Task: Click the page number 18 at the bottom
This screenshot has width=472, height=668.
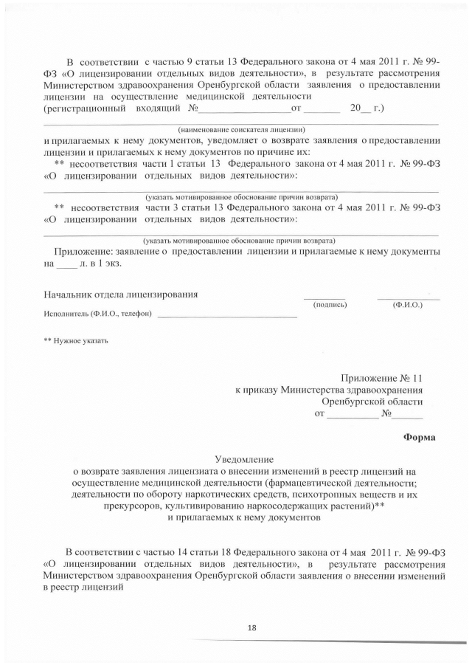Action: [252, 627]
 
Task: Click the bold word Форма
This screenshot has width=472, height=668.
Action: [419, 436]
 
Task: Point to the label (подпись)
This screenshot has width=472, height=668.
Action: [330, 304]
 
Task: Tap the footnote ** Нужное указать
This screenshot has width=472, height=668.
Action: [76, 340]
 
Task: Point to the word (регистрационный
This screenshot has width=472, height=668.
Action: [84, 109]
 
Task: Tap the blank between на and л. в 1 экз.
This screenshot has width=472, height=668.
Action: [66, 264]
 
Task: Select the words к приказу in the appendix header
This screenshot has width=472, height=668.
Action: [257, 388]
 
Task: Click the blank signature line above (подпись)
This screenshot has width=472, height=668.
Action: [324, 298]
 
